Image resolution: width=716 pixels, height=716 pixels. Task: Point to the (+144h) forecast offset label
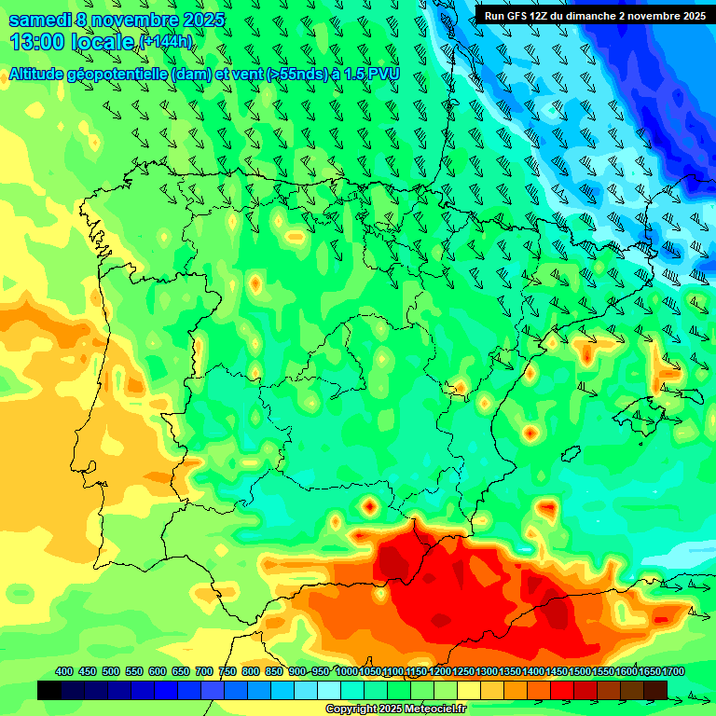click(x=165, y=42)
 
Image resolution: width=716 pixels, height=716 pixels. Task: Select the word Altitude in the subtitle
click(x=41, y=75)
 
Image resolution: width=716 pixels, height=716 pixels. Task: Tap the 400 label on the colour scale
click(x=64, y=671)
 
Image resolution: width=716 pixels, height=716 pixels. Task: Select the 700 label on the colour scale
click(x=204, y=671)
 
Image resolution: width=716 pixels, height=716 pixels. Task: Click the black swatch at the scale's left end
click(x=49, y=690)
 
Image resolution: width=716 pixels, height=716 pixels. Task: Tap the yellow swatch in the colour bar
click(x=470, y=690)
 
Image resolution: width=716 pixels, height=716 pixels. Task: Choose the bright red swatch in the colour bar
click(x=563, y=690)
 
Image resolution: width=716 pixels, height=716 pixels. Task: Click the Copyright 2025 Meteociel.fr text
click(x=395, y=709)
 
